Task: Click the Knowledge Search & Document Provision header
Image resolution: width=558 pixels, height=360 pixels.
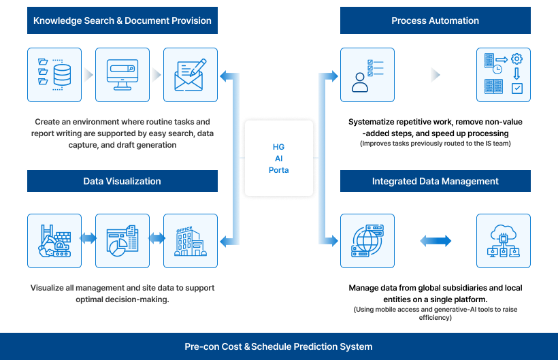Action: click(122, 20)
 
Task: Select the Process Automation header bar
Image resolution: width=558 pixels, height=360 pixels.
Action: click(435, 20)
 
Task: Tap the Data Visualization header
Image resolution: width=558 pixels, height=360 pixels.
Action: click(122, 181)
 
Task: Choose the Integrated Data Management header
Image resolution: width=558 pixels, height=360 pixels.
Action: click(435, 181)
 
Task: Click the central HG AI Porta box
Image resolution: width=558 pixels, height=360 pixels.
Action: click(279, 159)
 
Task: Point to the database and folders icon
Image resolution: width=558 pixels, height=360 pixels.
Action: click(54, 75)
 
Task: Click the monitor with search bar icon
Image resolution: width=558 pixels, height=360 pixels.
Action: click(122, 75)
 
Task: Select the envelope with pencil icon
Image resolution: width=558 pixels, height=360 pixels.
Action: click(191, 75)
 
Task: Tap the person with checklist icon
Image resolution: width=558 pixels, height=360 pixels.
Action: click(367, 75)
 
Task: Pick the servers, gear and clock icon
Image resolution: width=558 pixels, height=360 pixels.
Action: click(503, 75)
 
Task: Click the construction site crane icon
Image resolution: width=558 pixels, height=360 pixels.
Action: click(54, 241)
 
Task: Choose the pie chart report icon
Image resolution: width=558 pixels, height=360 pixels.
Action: click(122, 241)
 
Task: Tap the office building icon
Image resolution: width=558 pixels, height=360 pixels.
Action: click(191, 241)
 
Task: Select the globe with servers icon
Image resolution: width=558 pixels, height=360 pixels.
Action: click(367, 241)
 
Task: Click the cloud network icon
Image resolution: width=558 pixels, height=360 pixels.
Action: click(503, 241)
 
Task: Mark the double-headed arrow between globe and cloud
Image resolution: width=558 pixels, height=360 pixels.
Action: click(436, 241)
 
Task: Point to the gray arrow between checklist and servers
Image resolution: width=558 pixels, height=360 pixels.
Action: click(436, 75)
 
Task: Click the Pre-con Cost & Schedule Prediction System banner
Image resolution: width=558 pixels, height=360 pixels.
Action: click(279, 346)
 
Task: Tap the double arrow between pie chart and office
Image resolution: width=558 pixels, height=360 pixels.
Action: click(157, 239)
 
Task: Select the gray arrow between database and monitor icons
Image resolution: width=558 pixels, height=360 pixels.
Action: click(88, 75)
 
